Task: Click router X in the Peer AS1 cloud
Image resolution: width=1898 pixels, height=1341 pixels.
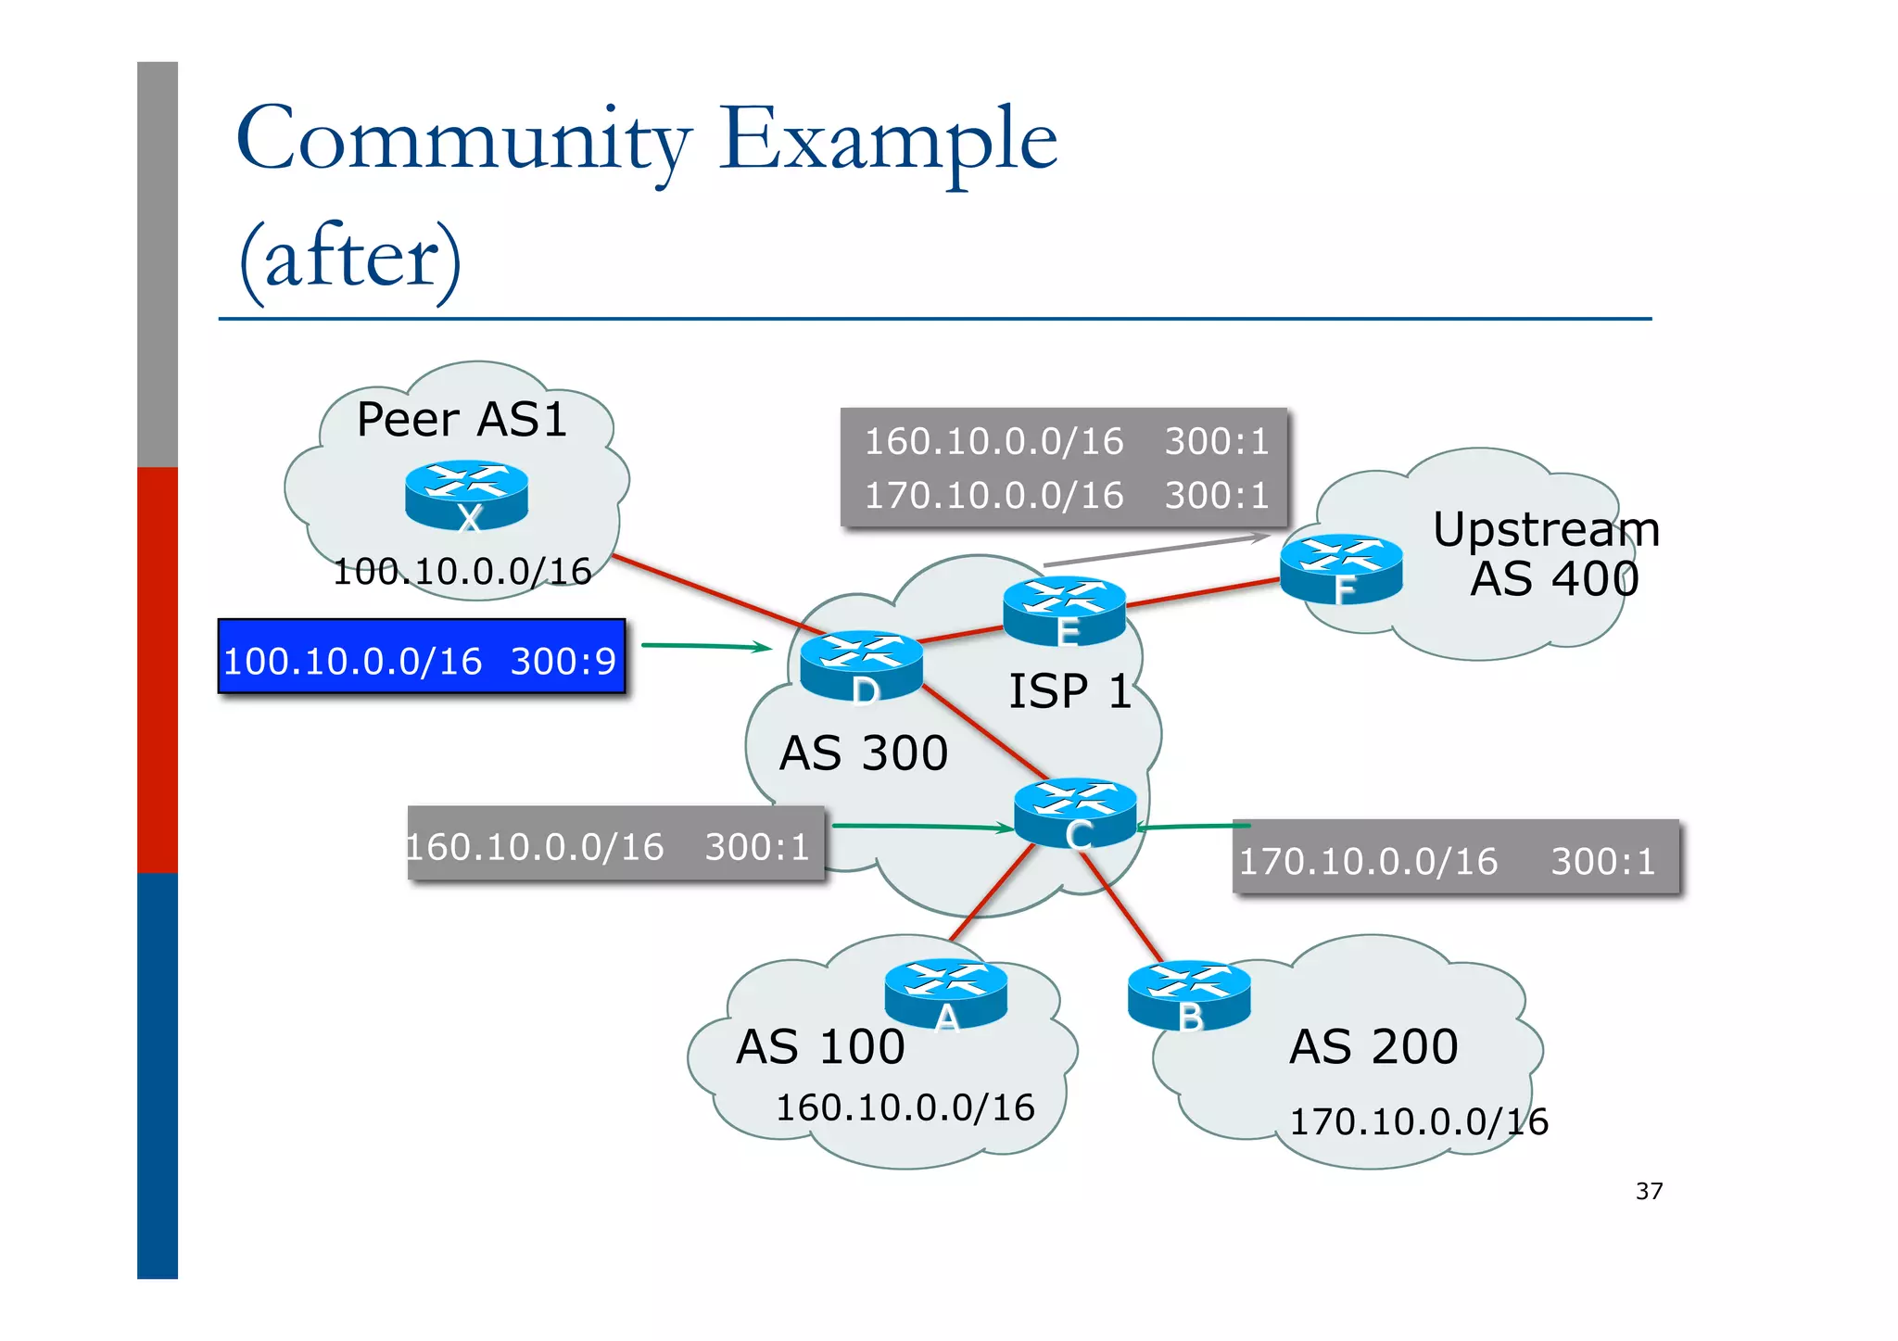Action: coord(466,495)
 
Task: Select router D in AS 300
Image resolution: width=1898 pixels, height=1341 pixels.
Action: coord(861,664)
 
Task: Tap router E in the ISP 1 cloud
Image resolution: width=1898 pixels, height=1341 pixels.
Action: coord(1064,611)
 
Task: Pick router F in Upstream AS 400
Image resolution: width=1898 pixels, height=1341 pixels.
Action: coord(1340,568)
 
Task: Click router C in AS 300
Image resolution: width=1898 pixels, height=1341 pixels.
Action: coord(1075,812)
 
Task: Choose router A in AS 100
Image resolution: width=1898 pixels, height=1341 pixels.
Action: coord(945,993)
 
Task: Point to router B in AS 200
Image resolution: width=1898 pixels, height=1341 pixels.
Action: coord(1189,995)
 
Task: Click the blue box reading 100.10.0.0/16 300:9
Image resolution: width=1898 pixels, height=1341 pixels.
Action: coord(422,657)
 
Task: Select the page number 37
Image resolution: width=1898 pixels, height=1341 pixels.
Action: coord(1649,1191)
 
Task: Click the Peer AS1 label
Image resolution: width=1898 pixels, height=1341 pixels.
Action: coord(462,420)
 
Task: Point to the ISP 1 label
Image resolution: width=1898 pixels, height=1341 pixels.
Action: coord(1069,691)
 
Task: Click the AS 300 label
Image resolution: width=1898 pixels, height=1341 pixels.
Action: coord(863,753)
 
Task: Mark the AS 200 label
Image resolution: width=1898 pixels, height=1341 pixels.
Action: coord(1373,1046)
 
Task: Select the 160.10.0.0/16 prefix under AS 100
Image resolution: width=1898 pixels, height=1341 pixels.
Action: coord(905,1107)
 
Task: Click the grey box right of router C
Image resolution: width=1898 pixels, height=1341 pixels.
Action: coord(1455,857)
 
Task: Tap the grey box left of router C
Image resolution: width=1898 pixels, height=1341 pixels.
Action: coord(615,843)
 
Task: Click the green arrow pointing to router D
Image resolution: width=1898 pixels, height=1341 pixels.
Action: coord(706,646)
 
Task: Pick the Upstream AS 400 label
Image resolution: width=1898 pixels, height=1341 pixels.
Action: coord(1546,554)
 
